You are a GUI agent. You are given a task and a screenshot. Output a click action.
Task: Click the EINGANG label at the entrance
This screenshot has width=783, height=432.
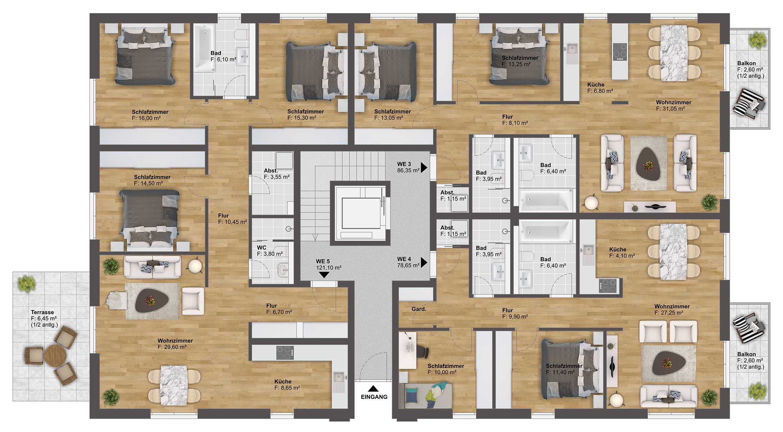click(374, 397)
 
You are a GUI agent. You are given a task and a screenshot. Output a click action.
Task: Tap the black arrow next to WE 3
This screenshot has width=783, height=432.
click(424, 168)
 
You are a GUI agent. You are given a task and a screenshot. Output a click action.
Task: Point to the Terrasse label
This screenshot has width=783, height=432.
click(42, 312)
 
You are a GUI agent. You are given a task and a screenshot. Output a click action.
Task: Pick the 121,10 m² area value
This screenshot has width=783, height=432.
click(329, 268)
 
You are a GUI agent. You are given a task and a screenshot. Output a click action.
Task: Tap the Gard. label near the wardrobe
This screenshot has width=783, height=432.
click(419, 309)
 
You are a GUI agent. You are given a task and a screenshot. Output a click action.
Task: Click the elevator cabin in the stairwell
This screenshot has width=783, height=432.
click(360, 213)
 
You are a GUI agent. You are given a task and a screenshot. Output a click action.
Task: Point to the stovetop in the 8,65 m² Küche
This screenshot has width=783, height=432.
click(285, 353)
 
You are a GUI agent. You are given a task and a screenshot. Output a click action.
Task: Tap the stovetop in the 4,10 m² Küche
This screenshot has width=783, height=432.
click(608, 285)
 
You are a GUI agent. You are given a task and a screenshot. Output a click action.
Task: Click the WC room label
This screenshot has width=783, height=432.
click(262, 248)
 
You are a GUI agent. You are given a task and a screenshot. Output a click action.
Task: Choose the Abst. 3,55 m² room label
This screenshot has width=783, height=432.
click(277, 174)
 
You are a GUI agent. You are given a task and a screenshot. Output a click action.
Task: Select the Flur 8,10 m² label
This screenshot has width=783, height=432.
click(515, 120)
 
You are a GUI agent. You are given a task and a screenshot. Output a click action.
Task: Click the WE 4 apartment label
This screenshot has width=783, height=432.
click(404, 259)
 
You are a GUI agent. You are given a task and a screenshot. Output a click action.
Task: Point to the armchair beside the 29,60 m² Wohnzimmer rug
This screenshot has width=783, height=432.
click(193, 301)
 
